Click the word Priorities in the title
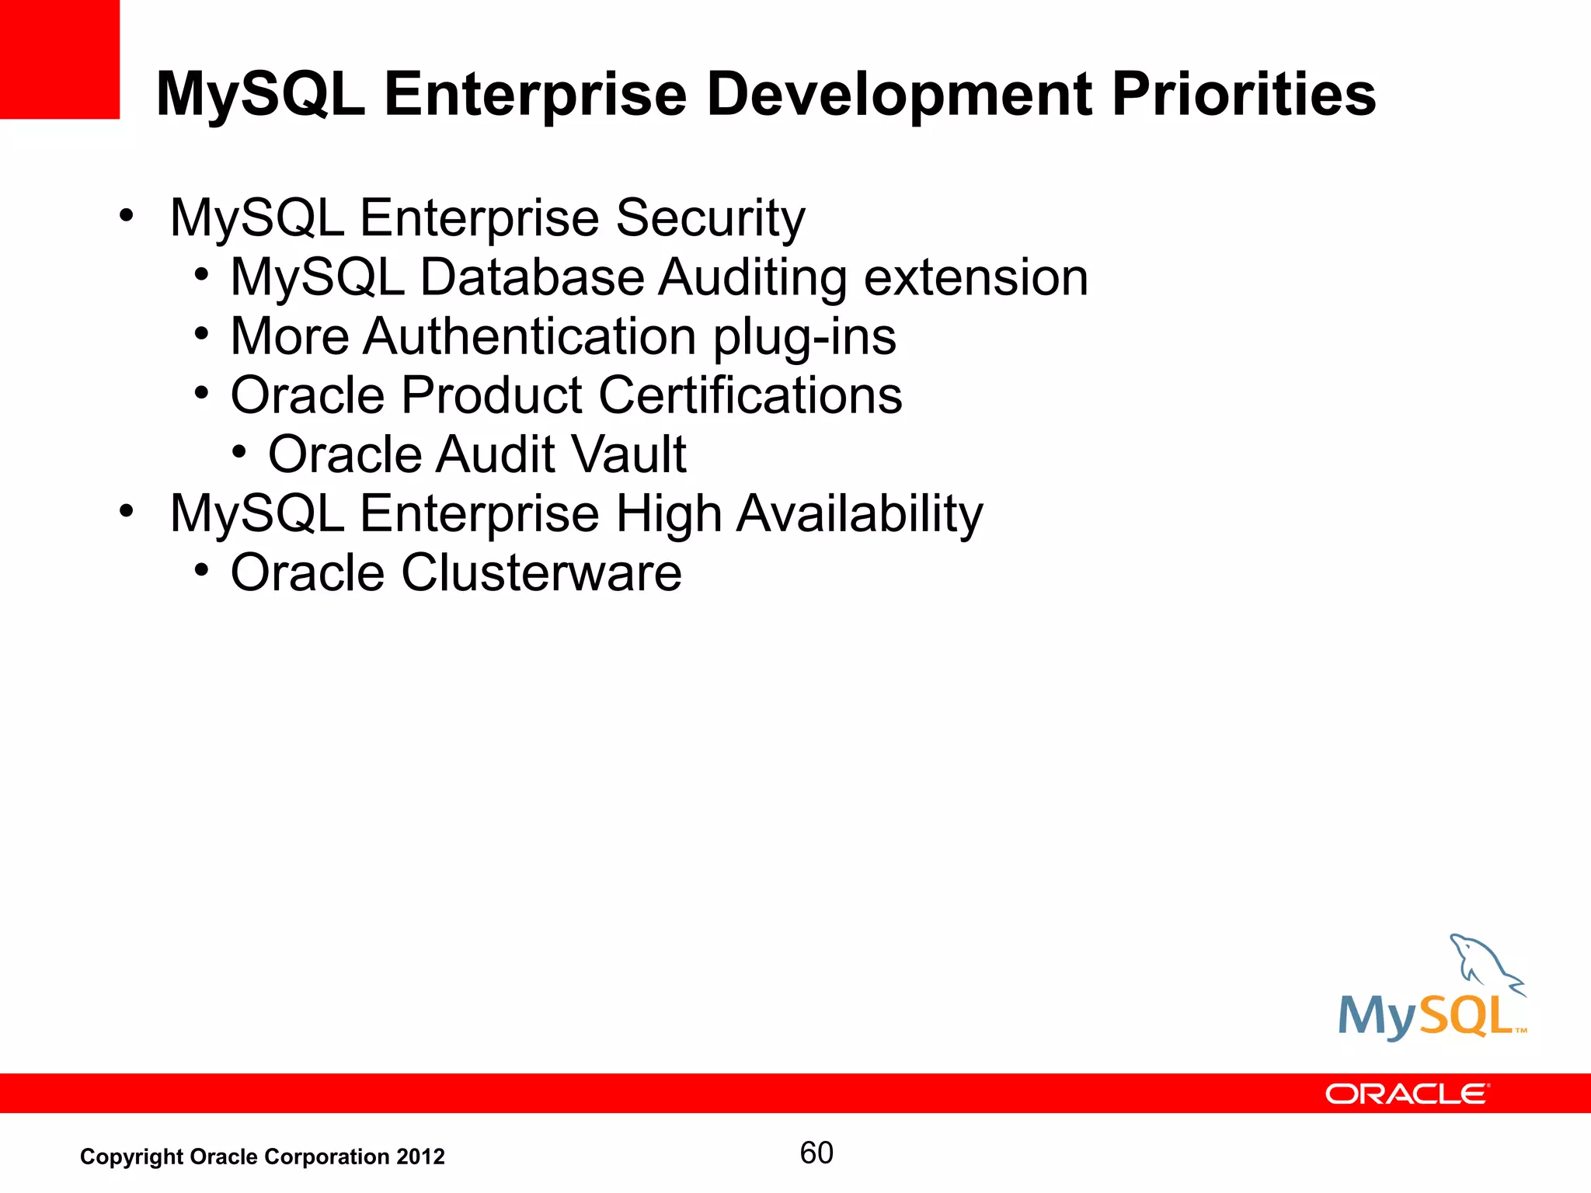pyautogui.click(x=1243, y=95)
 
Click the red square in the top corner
pyautogui.click(x=59, y=59)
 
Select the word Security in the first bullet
pyautogui.click(x=710, y=217)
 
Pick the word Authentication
pyautogui.click(x=529, y=337)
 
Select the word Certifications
pyautogui.click(x=750, y=395)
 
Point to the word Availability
pyautogui.click(x=859, y=514)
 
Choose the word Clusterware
pyautogui.click(x=541, y=573)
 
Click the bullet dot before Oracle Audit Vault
pyautogui.click(x=239, y=451)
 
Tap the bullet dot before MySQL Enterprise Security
pyautogui.click(x=127, y=214)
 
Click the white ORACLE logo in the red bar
pyautogui.click(x=1407, y=1094)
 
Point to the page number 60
pyautogui.click(x=816, y=1153)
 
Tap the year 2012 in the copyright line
pyautogui.click(x=420, y=1156)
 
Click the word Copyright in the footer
pyautogui.click(x=131, y=1157)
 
